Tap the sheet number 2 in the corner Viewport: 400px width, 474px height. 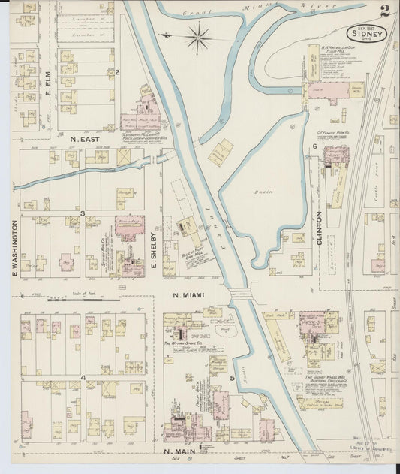point(384,11)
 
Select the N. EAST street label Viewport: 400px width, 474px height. point(85,139)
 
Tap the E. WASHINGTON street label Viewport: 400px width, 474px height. point(14,248)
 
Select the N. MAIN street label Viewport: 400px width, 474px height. point(181,451)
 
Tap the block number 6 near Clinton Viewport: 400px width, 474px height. point(314,146)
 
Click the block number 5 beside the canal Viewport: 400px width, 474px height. point(233,378)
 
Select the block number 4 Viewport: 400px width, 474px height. point(83,377)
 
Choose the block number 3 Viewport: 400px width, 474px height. point(83,214)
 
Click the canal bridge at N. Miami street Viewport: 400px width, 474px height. point(241,294)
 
